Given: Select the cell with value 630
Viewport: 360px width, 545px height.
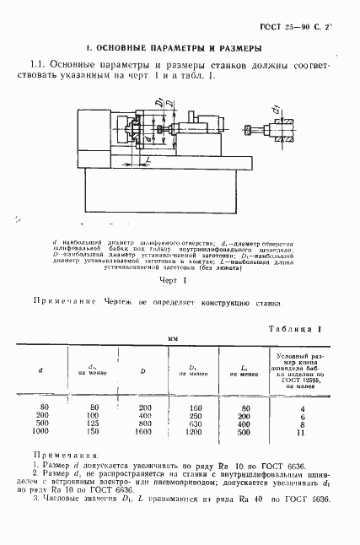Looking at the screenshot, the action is [197, 423].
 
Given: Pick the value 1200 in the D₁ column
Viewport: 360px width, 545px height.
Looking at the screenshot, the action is [197, 431].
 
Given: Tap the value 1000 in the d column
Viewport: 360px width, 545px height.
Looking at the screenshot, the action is [40, 431].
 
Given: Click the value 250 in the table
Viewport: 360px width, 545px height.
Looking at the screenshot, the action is [197, 415].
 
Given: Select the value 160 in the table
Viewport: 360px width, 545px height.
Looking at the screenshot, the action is [197, 407].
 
